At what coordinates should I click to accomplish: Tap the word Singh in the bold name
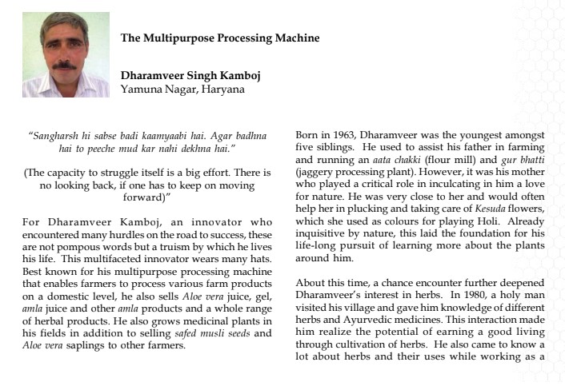(x=197, y=76)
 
